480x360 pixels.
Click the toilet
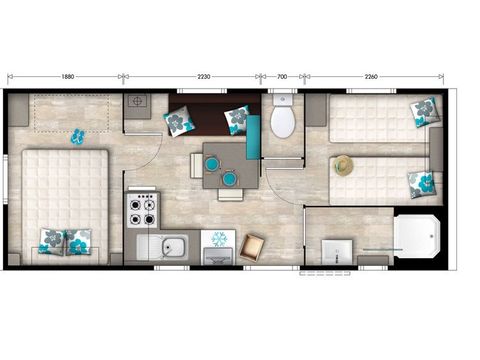[x=283, y=119]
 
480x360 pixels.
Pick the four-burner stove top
[x=141, y=207]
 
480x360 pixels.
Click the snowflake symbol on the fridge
[x=218, y=239]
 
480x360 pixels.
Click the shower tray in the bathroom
[x=413, y=236]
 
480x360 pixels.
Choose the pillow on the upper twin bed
[x=425, y=112]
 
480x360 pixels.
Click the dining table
[x=223, y=164]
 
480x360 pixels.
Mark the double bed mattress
[x=62, y=200]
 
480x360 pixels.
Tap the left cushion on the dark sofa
[x=180, y=122]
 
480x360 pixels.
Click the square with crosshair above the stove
[x=137, y=102]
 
